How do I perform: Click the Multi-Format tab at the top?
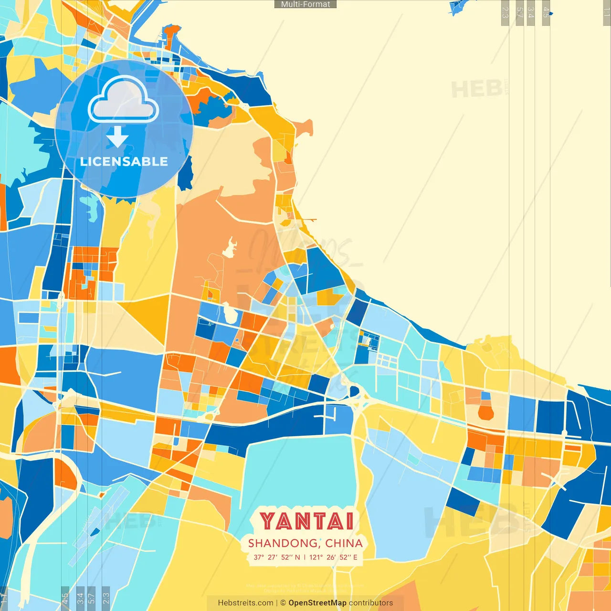click(305, 4)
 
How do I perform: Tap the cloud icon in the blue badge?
click(123, 100)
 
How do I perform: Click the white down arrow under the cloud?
click(117, 137)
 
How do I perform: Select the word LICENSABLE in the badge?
click(124, 161)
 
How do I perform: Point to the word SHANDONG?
click(283, 543)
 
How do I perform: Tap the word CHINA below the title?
click(344, 543)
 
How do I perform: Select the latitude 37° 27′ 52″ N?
click(277, 557)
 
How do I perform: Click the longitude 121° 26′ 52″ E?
click(333, 557)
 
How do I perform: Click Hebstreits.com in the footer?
click(246, 603)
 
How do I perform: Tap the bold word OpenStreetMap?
click(317, 603)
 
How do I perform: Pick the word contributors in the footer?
click(371, 603)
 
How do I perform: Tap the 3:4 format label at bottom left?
click(80, 598)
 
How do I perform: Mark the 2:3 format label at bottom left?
click(106, 598)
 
